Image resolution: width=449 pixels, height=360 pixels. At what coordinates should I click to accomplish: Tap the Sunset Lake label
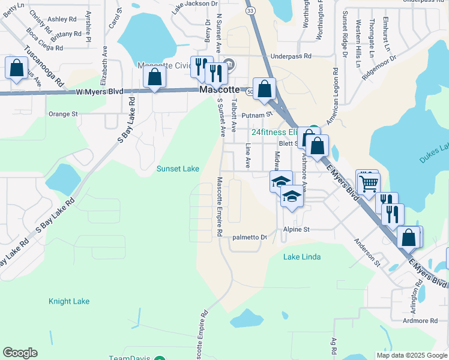(x=178, y=169)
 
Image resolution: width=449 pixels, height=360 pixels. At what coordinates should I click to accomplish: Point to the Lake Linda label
(x=302, y=257)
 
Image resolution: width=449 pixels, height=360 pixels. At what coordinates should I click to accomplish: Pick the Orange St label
(x=63, y=113)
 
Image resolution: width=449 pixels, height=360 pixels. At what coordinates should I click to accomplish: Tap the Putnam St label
(x=257, y=114)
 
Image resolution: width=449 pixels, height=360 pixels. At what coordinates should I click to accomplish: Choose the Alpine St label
(x=297, y=230)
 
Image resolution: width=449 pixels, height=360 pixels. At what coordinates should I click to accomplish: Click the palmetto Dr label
(x=249, y=237)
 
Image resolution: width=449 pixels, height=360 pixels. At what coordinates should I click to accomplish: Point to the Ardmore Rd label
(x=420, y=321)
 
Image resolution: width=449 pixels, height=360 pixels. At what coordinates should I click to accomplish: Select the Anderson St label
(x=367, y=253)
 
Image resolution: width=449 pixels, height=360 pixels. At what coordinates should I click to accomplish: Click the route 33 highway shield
(x=250, y=11)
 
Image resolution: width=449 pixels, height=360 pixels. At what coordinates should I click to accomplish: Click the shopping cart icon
(x=369, y=182)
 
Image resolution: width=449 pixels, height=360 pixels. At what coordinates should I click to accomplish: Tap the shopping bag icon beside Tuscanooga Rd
(x=16, y=67)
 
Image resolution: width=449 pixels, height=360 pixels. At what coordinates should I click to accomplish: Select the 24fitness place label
(x=274, y=132)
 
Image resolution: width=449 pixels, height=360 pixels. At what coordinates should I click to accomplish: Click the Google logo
(x=20, y=353)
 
